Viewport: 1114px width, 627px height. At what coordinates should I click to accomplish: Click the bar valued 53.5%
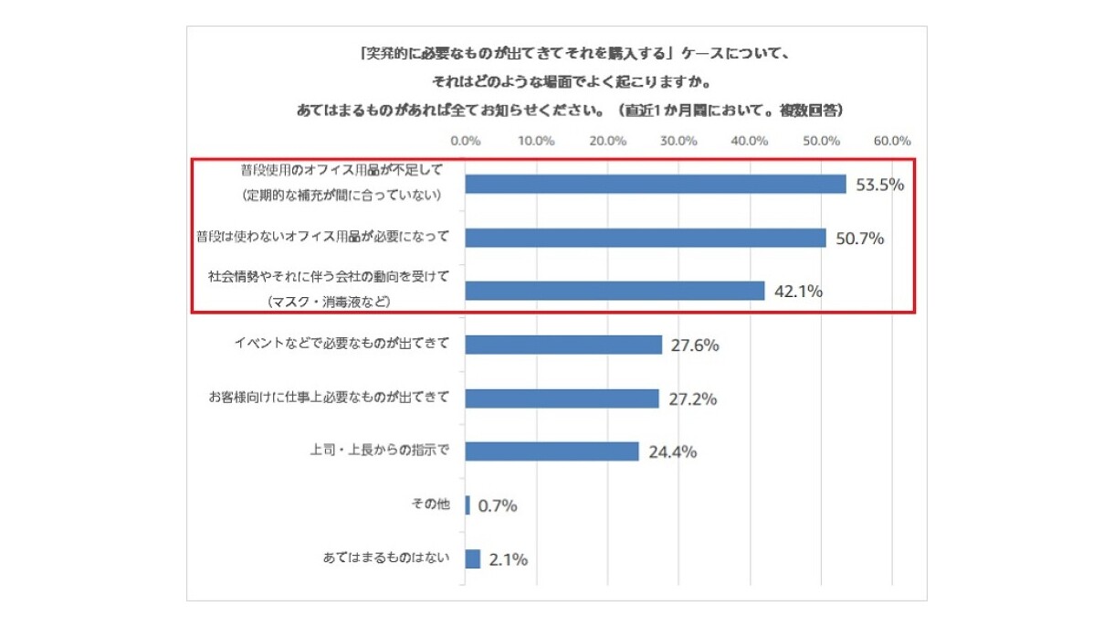pos(656,184)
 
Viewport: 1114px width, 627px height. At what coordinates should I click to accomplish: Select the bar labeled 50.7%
pos(646,238)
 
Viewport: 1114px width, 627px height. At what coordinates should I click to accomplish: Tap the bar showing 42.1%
pos(615,291)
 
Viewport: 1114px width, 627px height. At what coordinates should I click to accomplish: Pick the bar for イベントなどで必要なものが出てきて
pos(563,345)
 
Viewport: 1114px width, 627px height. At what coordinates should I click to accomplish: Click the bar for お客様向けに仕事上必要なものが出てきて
pos(562,399)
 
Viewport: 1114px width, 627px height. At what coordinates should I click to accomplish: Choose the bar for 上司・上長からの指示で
pos(552,452)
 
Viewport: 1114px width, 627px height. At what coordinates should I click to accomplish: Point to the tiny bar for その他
pos(468,505)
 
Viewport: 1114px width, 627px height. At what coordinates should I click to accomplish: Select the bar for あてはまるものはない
pos(472,558)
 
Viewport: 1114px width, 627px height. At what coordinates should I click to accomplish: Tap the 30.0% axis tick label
pos(678,141)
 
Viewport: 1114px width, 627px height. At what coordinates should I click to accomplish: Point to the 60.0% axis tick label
pos(891,141)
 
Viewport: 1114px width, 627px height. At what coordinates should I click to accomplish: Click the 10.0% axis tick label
pos(537,141)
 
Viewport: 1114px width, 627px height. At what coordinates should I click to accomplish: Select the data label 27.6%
pos(695,345)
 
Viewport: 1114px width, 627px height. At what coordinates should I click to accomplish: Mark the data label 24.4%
pos(672,452)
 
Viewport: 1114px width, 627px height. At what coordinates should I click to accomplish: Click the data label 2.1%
pos(508,559)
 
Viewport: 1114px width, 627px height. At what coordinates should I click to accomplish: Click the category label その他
pos(431,505)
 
